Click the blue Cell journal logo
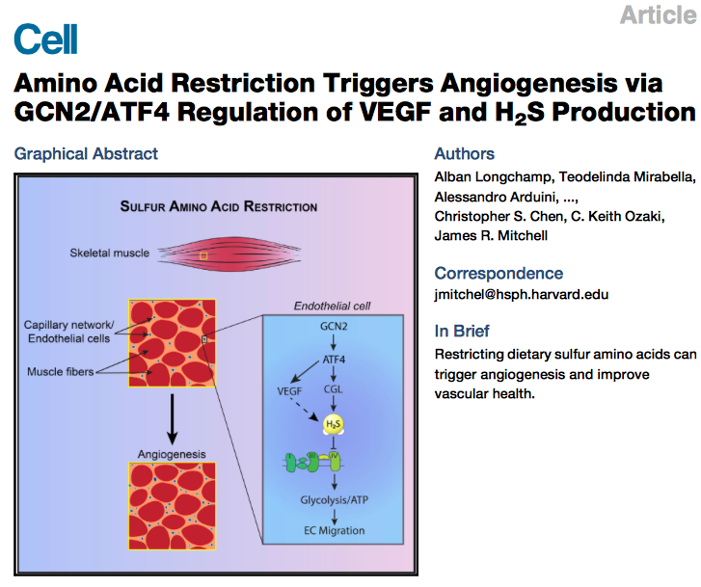click(45, 39)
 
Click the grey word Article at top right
click(658, 14)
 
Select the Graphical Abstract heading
click(86, 154)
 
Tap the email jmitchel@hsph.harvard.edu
click(522, 295)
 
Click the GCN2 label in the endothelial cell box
click(334, 327)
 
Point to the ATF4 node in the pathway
click(334, 360)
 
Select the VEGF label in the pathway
click(289, 391)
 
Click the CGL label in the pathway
click(333, 389)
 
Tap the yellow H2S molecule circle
click(334, 424)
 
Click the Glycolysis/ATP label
click(334, 500)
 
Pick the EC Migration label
click(334, 531)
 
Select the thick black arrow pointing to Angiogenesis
click(173, 419)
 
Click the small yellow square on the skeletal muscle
click(203, 256)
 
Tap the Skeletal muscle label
click(110, 253)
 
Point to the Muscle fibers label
click(61, 371)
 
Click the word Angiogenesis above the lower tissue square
click(172, 454)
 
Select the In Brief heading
click(462, 332)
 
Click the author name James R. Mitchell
click(491, 235)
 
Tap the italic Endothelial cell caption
click(332, 306)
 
